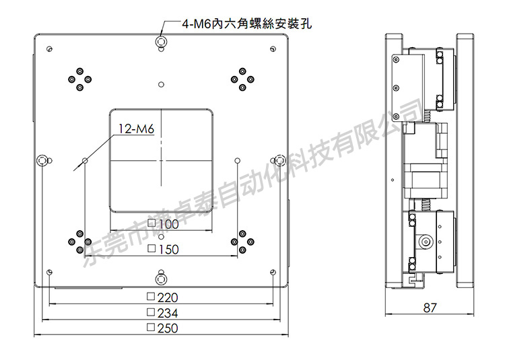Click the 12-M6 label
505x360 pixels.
pos(137,129)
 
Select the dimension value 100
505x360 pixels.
pos(168,223)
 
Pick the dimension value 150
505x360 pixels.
pos(168,250)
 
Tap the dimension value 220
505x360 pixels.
pos(168,297)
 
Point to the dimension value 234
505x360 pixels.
pos(168,313)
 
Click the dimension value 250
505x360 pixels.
pos(168,328)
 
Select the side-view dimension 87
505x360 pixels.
pos(431,308)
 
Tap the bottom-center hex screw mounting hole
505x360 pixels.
pos(161,278)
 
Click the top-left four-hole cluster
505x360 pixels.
pos(77,78)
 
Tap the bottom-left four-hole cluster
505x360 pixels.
pos(77,242)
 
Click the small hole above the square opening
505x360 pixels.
pos(161,84)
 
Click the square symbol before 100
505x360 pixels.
pos(152,223)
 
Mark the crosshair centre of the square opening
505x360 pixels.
pos(161,160)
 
